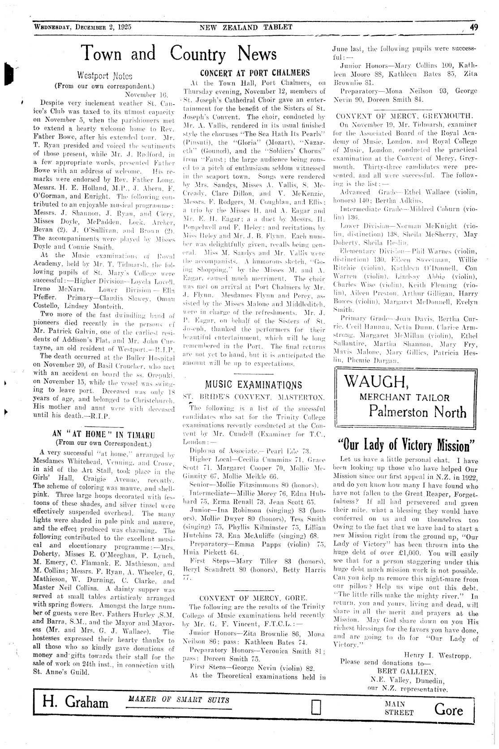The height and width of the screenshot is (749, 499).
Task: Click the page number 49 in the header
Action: tap(474, 27)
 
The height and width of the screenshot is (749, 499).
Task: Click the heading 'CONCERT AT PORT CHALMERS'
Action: tap(255, 73)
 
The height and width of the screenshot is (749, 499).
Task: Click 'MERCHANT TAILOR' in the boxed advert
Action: tap(404, 397)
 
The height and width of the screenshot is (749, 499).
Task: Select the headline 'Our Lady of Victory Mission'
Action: tap(406, 446)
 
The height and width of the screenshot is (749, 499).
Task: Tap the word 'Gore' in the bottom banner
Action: tap(448, 710)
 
